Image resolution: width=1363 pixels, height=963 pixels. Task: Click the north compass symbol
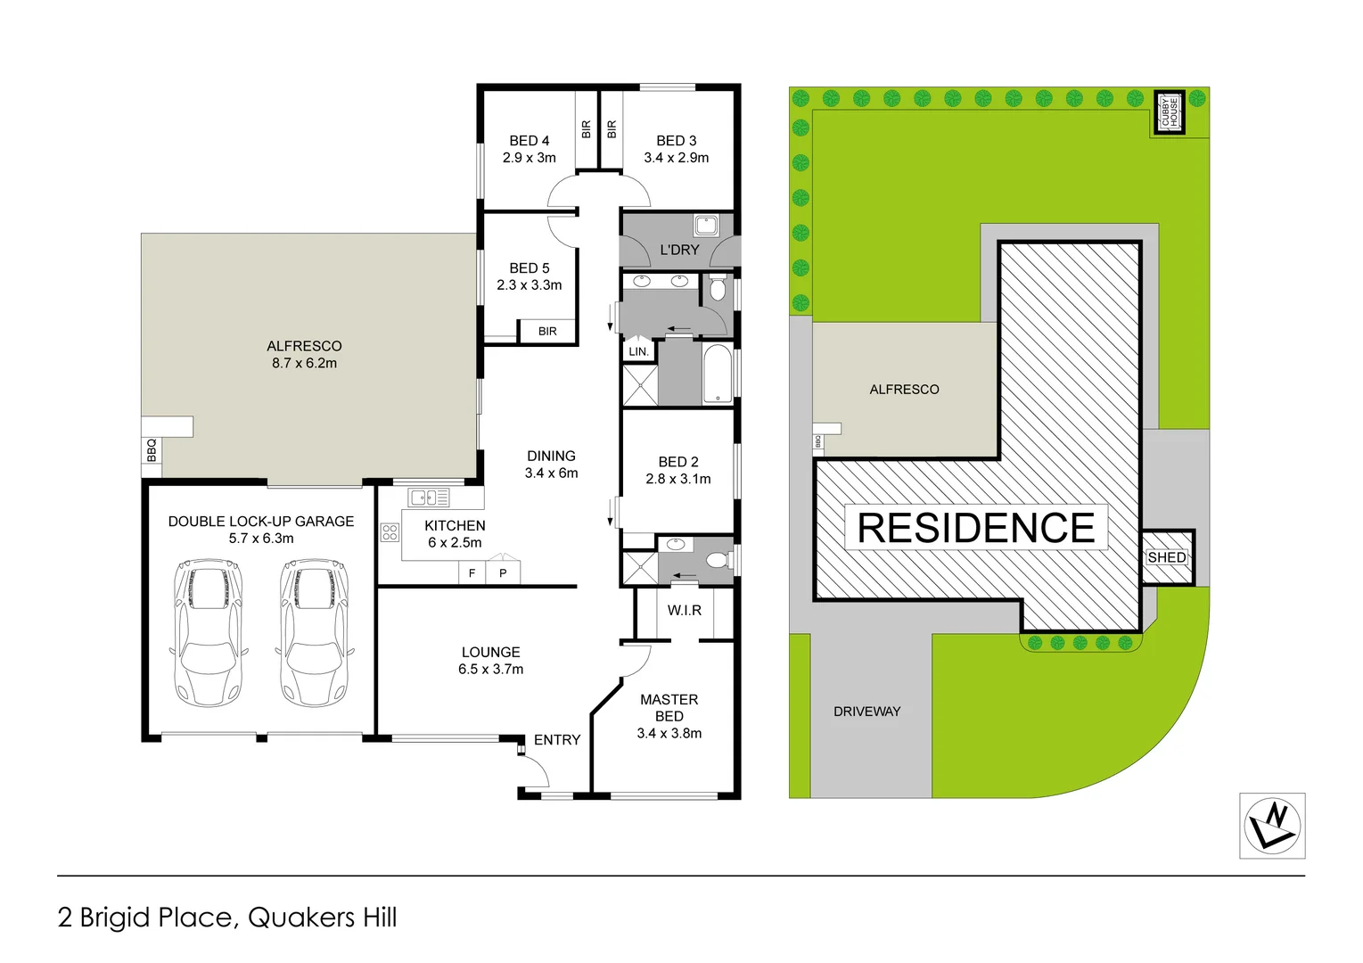point(1272,826)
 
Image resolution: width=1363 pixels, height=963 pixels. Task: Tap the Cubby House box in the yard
point(1169,112)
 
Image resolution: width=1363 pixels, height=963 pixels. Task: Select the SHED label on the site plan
point(1166,557)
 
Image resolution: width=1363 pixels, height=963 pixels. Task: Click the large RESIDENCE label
point(975,528)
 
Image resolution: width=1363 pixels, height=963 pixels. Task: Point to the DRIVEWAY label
point(866,712)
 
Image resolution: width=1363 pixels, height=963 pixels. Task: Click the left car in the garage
point(208,632)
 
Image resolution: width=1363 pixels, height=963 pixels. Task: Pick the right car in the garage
point(314,632)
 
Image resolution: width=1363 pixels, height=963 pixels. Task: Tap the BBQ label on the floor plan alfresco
point(152,449)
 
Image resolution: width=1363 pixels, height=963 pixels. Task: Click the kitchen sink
point(429,498)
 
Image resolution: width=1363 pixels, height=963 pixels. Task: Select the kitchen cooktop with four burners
point(390,532)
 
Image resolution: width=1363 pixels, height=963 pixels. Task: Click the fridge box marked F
point(472,573)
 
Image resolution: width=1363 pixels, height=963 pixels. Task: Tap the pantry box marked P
point(503,573)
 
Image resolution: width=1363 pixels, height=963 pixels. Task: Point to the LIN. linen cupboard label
point(638,351)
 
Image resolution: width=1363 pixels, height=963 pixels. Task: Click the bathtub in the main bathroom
point(718,374)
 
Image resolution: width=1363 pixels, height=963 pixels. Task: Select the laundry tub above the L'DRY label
point(706,225)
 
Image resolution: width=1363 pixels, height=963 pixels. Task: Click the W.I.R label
point(684,610)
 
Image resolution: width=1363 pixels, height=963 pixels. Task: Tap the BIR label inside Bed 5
point(547,331)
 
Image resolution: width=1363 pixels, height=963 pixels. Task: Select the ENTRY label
point(557,740)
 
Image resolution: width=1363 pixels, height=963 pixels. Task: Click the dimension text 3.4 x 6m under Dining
point(551,473)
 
